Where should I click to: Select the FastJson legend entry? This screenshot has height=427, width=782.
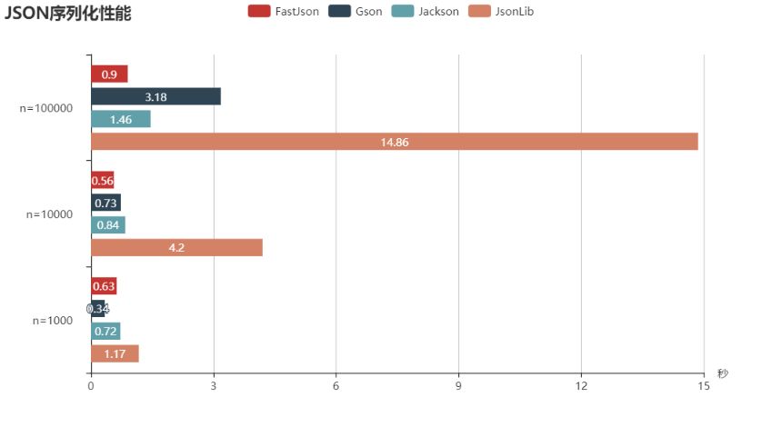click(x=284, y=11)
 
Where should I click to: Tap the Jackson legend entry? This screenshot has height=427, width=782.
click(x=425, y=11)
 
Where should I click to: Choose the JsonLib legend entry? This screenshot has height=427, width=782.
click(x=501, y=11)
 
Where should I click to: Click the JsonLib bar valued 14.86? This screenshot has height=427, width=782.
click(x=394, y=141)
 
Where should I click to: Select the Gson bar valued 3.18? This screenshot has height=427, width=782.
click(x=155, y=97)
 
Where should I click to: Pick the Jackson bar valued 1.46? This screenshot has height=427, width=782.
click(x=120, y=119)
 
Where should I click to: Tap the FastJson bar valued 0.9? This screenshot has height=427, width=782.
click(x=109, y=74)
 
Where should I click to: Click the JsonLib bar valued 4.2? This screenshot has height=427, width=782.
click(x=176, y=247)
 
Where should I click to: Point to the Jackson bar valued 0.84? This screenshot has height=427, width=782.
click(x=107, y=225)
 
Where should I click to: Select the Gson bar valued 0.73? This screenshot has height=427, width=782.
click(x=105, y=203)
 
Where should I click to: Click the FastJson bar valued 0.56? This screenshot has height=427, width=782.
click(x=102, y=181)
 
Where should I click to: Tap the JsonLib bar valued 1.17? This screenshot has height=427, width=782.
click(x=115, y=353)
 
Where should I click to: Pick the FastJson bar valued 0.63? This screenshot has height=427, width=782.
click(x=104, y=287)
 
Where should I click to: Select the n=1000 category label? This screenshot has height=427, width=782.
click(x=52, y=321)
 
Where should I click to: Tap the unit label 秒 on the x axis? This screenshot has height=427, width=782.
click(x=722, y=373)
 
